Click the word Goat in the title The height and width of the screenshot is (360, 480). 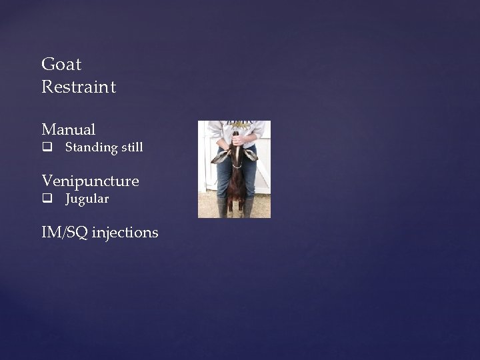point(61,65)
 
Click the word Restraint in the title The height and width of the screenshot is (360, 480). point(79,87)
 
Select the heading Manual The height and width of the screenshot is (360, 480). point(69,129)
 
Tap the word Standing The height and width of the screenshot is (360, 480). point(91,147)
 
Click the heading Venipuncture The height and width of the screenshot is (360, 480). point(90,181)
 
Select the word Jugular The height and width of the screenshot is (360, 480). point(87,199)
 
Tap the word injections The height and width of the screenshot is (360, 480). point(125,233)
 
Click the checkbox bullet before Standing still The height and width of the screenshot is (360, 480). point(46,147)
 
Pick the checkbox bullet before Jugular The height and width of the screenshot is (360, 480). point(46,199)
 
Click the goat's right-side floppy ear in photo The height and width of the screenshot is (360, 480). point(251,155)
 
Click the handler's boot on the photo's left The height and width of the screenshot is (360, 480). point(221,207)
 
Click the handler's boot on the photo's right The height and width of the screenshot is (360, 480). point(249,207)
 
